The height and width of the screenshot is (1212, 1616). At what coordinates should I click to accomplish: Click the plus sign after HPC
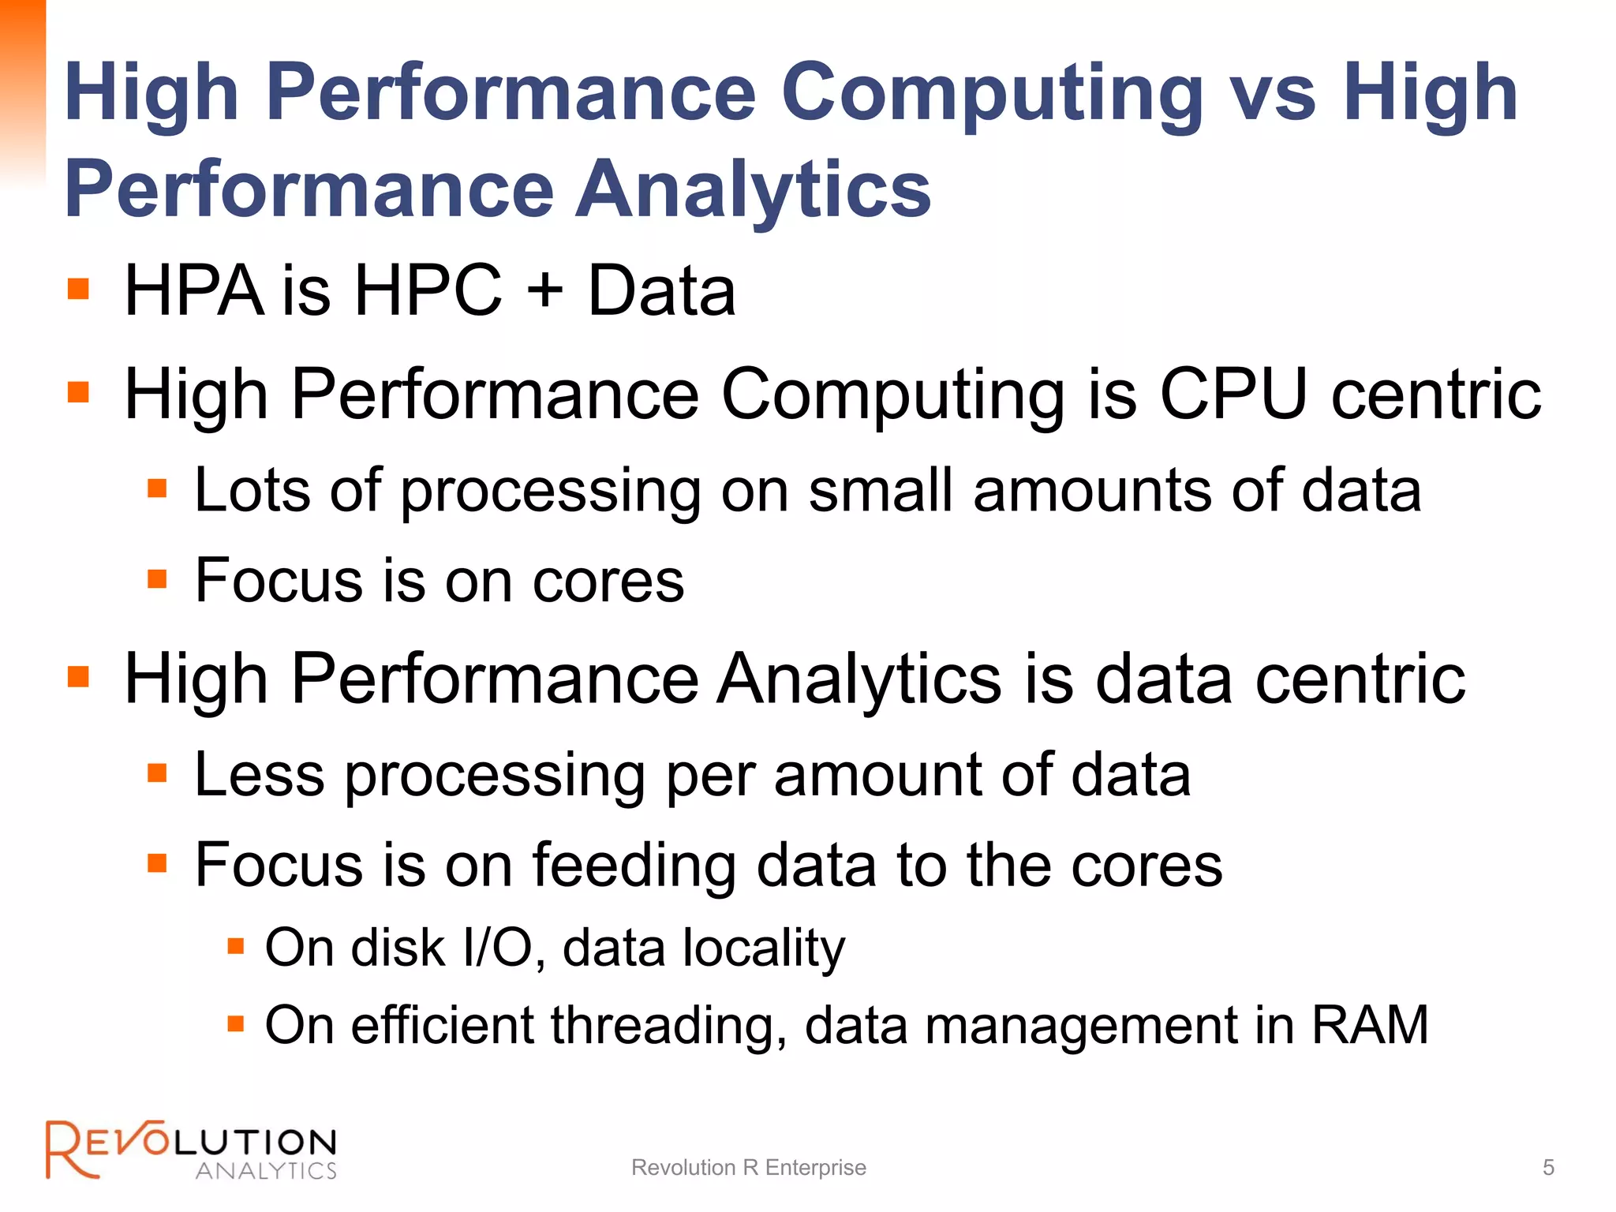545,290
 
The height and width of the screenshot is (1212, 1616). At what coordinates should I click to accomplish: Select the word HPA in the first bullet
193,290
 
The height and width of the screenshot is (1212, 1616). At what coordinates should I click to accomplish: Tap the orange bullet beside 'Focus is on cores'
158,580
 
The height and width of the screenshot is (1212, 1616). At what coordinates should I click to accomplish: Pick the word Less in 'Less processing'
260,775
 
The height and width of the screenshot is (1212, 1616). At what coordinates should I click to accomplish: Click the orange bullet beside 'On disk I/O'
235,946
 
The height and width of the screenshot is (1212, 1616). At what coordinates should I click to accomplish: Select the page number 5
1548,1167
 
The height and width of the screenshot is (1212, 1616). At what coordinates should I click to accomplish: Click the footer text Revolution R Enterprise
748,1167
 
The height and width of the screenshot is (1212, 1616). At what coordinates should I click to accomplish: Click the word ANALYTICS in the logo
266,1170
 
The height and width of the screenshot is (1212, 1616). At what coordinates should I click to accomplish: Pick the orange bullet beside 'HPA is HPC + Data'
78,289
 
